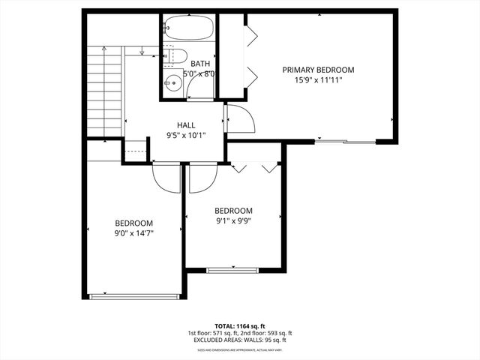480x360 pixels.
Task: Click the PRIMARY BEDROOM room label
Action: click(318, 70)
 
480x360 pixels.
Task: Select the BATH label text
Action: click(200, 64)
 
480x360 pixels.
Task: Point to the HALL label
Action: click(186, 125)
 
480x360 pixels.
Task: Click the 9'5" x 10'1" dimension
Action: click(186, 136)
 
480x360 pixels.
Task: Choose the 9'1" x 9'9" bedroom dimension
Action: click(233, 221)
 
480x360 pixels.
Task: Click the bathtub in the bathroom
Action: click(189, 28)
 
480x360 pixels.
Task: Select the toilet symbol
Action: click(173, 55)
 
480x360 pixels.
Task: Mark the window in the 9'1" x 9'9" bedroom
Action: click(232, 269)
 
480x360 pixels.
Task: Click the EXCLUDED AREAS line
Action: click(239, 340)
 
